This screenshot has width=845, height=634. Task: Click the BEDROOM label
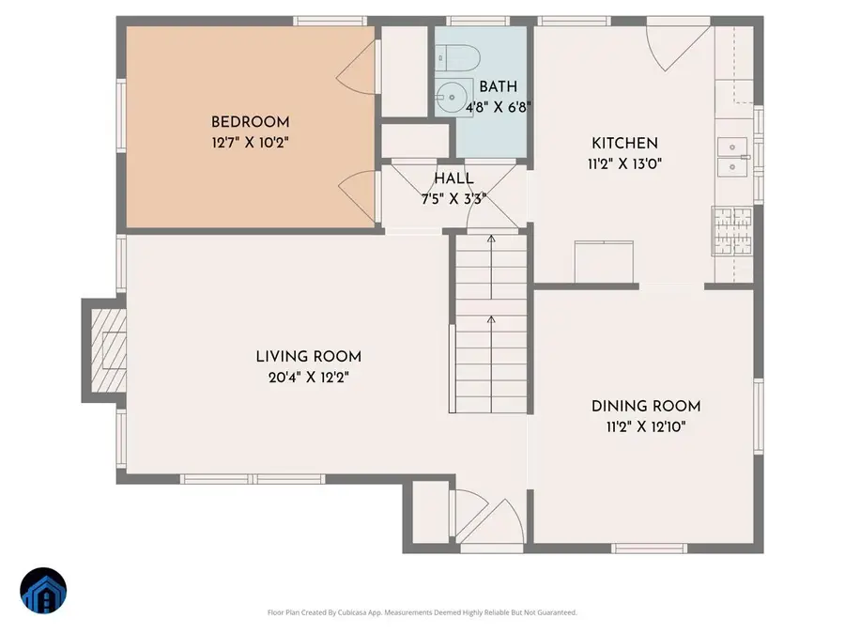point(250,122)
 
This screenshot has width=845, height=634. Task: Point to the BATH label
point(498,86)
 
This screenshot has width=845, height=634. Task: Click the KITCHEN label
point(624,143)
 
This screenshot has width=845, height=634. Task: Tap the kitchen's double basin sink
point(733,157)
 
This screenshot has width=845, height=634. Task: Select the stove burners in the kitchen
point(732,230)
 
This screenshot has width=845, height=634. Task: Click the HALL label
point(453,178)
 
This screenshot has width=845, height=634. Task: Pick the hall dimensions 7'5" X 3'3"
point(453,198)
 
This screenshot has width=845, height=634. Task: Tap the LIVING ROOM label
point(308,357)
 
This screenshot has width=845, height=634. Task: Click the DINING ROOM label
point(646,406)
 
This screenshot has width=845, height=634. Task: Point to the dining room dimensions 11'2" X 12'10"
point(646,425)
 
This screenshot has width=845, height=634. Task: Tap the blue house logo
point(43,592)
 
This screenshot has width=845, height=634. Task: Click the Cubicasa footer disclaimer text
point(422,612)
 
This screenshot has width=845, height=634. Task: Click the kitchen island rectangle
point(604,261)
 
